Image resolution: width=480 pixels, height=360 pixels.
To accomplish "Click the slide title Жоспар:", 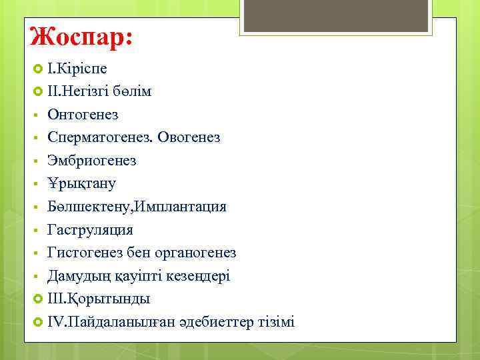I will click(81, 36).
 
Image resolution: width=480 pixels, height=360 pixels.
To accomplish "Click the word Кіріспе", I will click(82, 69).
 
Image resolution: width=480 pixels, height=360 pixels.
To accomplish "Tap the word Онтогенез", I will click(83, 115).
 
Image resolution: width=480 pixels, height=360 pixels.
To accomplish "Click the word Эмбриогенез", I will click(92, 161).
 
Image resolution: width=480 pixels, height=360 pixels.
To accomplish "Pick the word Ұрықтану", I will click(81, 183).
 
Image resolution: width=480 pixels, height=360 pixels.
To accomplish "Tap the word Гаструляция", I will click(90, 230).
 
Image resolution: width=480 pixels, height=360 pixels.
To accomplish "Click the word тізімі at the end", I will click(275, 322).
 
